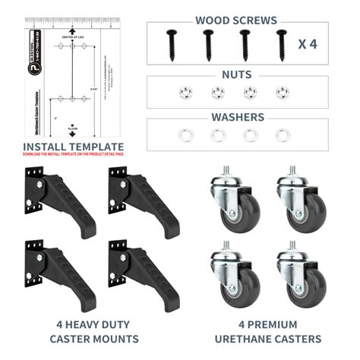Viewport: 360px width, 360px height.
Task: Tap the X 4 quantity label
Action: pyautogui.click(x=308, y=43)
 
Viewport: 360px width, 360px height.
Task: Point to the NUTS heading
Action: pyautogui.click(x=237, y=75)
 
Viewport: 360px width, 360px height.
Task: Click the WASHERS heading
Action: pyautogui.click(x=236, y=118)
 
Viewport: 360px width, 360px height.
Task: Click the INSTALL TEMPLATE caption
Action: pyautogui.click(x=73, y=147)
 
